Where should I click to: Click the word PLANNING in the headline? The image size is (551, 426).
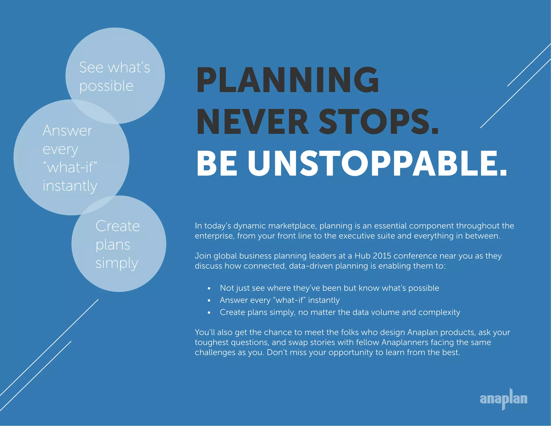click(287, 80)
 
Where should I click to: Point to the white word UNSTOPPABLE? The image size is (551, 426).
click(377, 164)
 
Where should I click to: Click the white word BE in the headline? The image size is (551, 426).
click(217, 164)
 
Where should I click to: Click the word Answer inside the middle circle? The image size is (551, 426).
click(67, 131)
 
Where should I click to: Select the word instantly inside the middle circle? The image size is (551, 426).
click(70, 186)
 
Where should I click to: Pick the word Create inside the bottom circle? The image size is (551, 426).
click(118, 226)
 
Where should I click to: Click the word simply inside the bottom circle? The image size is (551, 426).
click(117, 263)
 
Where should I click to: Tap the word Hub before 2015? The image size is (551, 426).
click(362, 256)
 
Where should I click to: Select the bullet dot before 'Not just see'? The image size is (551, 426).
click(209, 288)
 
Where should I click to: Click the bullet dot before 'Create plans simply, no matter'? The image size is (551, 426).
click(209, 313)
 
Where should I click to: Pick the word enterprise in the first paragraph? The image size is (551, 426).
click(214, 236)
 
